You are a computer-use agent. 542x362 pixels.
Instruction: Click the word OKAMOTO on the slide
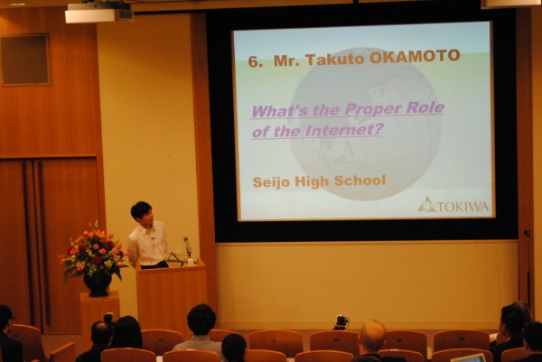pyautogui.click(x=415, y=57)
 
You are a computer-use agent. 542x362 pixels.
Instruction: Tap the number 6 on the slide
pyautogui.click(x=253, y=61)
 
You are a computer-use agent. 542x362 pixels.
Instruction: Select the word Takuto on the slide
pyautogui.click(x=335, y=59)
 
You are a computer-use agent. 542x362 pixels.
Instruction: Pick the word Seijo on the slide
pyautogui.click(x=272, y=182)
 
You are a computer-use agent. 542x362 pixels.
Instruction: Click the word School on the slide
pyautogui.click(x=360, y=180)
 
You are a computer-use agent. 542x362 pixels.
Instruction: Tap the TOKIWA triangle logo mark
pyautogui.click(x=427, y=204)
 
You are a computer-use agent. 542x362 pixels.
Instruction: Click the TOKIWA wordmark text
pyautogui.click(x=463, y=206)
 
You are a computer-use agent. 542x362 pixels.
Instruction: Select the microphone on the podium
pyautogui.click(x=187, y=246)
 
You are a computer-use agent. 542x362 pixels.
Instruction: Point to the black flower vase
pyautogui.click(x=98, y=283)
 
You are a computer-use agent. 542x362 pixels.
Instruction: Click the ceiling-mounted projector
pyautogui.click(x=99, y=14)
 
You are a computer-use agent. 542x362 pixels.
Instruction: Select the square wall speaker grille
pyautogui.click(x=25, y=60)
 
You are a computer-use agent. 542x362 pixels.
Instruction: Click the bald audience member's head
pyautogui.click(x=372, y=336)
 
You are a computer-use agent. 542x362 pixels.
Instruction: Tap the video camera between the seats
pyautogui.click(x=341, y=322)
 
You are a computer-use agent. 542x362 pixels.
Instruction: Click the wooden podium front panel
pyautogui.click(x=171, y=297)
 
